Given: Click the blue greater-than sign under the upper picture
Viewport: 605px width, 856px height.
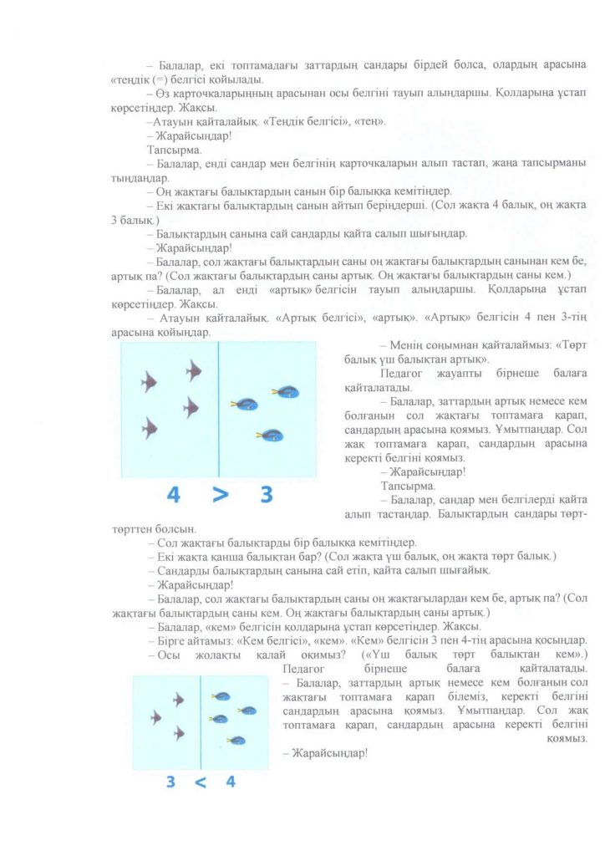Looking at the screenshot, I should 220,495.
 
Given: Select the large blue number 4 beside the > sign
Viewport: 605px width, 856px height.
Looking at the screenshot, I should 173,495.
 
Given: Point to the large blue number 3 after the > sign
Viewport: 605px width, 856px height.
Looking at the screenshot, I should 267,495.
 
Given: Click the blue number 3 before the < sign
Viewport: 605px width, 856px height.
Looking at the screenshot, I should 170,782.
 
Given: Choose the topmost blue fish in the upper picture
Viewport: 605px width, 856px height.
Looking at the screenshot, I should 288,390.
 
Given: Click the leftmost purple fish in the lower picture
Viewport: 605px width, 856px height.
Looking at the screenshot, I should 155,716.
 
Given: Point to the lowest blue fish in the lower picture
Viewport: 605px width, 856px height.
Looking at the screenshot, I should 237,740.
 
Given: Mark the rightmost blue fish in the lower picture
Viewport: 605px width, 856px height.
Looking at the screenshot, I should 248,711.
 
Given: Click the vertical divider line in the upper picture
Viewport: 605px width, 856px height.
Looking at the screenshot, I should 219,410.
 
